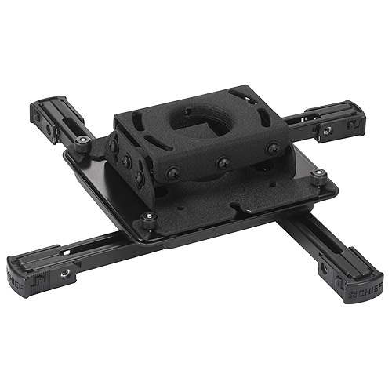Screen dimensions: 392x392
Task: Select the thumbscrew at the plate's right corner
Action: pyautogui.click(x=318, y=180)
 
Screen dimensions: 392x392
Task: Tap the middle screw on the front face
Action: pyautogui.click(x=223, y=162)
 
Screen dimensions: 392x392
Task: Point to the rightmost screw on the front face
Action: pyautogui.click(x=272, y=149)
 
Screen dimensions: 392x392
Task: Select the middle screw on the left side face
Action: pyautogui.click(x=126, y=162)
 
